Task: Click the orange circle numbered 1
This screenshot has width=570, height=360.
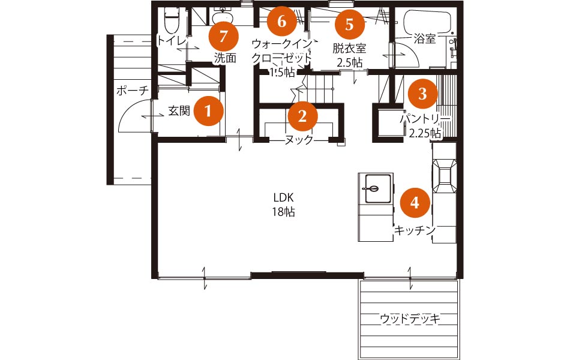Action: point(208,110)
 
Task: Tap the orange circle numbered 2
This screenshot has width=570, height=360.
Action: point(302,116)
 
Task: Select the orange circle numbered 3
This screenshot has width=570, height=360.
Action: point(422,94)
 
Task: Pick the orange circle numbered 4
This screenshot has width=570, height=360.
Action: point(415,203)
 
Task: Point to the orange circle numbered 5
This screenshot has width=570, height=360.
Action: point(349,25)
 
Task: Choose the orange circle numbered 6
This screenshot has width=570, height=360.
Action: point(282,22)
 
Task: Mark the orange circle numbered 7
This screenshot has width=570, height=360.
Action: point(224,36)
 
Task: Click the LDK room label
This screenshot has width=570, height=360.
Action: point(284,197)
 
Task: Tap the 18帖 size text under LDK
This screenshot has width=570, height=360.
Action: point(284,212)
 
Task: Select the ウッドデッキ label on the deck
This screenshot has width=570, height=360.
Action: point(410,319)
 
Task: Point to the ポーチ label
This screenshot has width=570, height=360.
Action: point(133,90)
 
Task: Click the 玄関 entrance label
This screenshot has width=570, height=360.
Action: point(179,110)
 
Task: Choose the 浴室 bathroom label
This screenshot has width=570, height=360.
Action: point(425,38)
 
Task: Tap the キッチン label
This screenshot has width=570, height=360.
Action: point(415,230)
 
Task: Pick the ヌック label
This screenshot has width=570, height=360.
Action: point(299,140)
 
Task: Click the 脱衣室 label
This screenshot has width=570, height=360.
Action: point(349,48)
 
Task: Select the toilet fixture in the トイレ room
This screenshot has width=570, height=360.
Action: point(171,21)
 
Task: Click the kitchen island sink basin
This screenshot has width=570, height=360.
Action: point(378,189)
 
